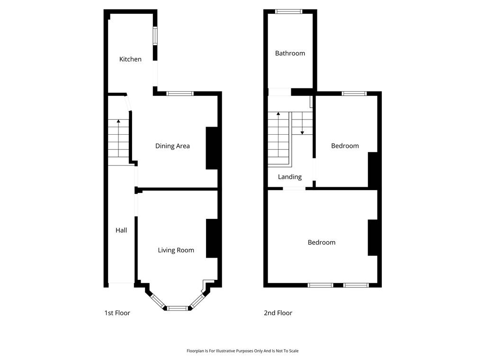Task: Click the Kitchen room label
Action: coord(130,59)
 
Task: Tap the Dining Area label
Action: coord(172,146)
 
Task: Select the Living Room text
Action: coord(176,250)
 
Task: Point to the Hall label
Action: coord(121,230)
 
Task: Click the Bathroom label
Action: coord(290,53)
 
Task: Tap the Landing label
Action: coord(289,177)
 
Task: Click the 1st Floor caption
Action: coord(117,313)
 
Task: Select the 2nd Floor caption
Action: coord(278,313)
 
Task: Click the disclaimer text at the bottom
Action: coord(242,351)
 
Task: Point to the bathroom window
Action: coord(288,12)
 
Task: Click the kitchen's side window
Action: coord(155,36)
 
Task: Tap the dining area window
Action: coord(180,94)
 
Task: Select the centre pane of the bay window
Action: coord(178,308)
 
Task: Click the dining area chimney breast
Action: coord(212,148)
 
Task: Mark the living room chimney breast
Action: coord(212,238)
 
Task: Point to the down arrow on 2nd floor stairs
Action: coord(302,123)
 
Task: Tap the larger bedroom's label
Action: coord(322,242)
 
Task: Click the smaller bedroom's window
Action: coord(354,94)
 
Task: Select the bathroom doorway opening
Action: coord(279,92)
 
